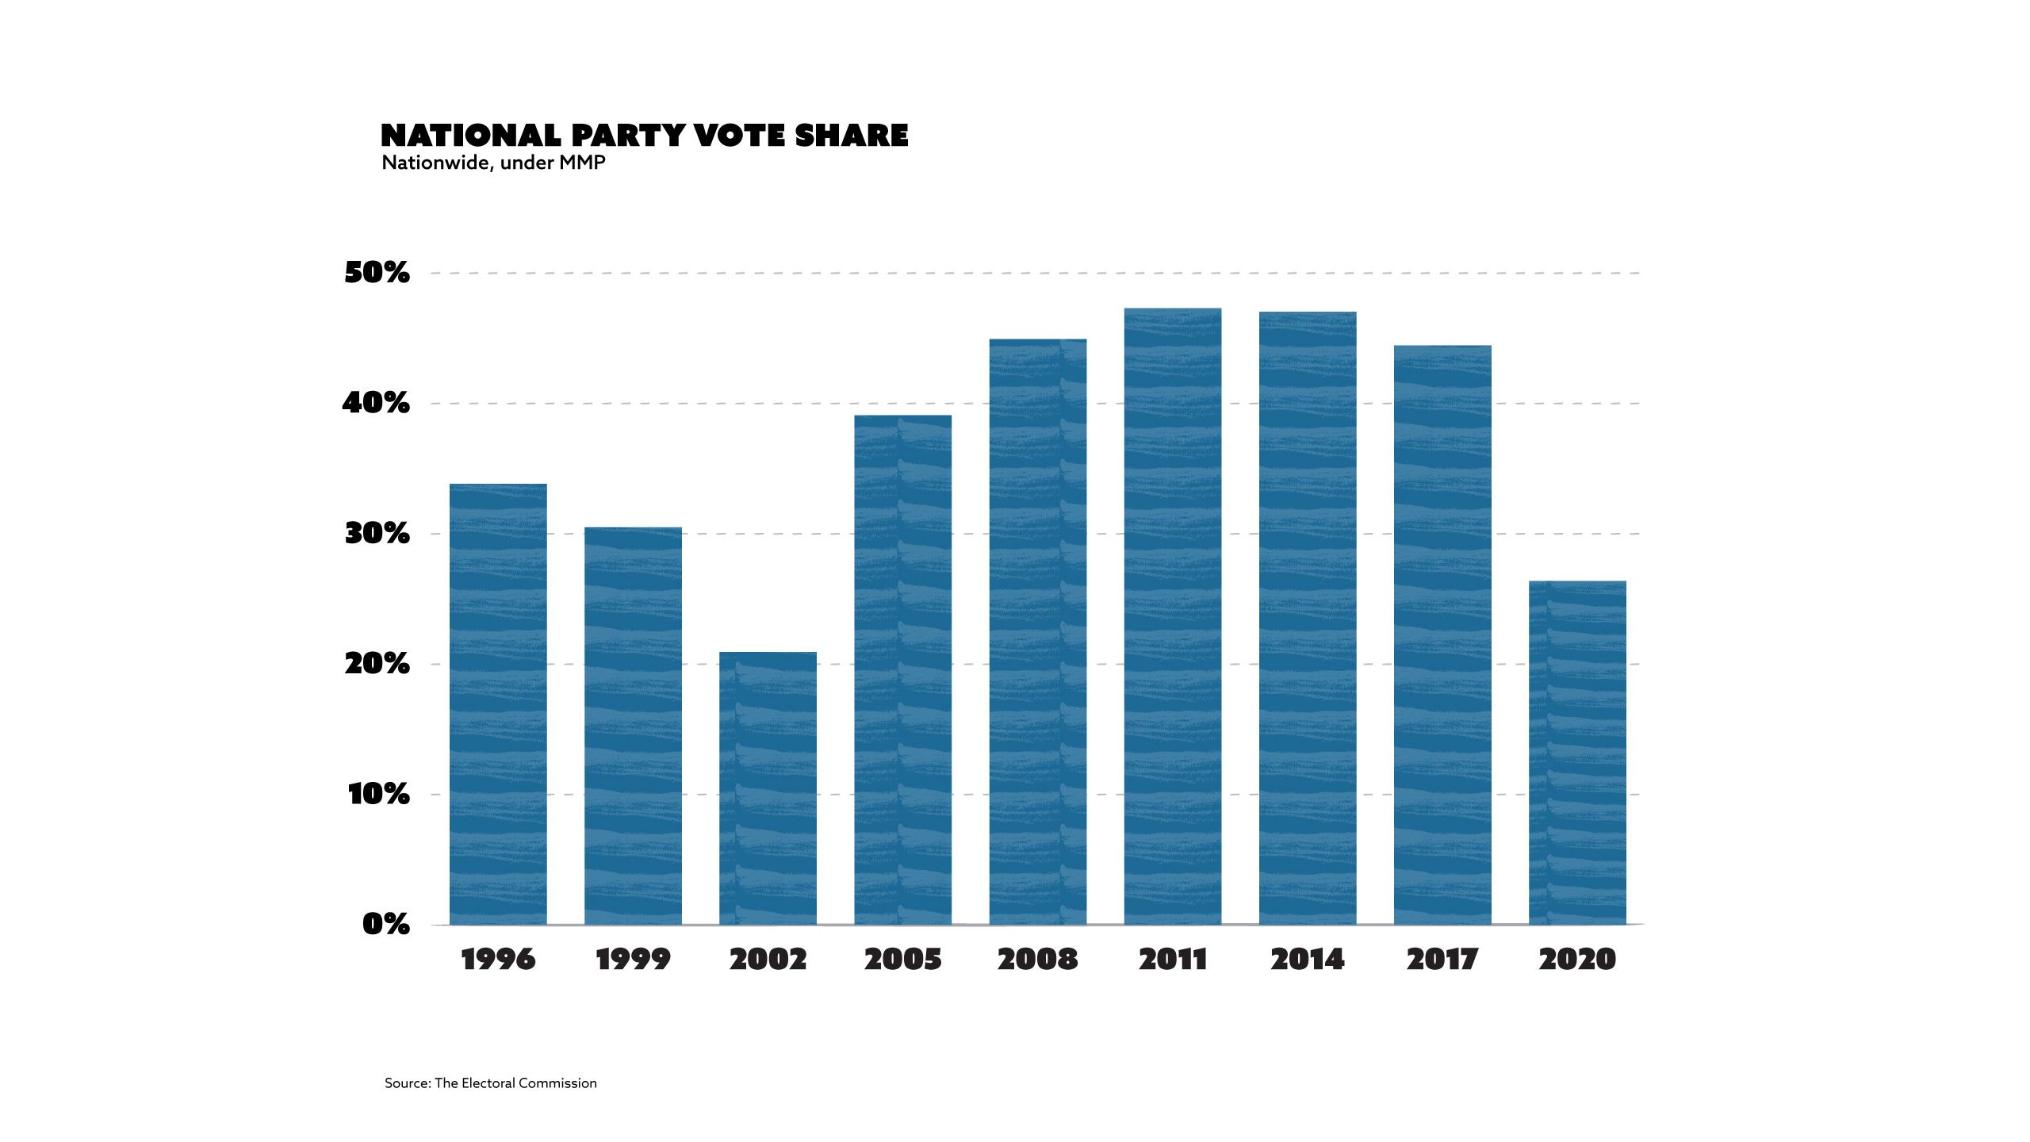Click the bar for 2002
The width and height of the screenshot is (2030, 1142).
click(768, 788)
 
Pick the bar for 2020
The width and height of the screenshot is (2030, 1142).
click(1577, 753)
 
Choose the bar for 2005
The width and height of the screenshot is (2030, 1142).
click(902, 670)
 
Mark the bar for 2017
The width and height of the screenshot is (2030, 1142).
click(1442, 634)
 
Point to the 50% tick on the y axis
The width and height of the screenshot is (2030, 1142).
click(377, 273)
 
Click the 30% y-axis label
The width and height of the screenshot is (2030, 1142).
click(377, 534)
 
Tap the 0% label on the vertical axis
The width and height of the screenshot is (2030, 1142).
click(385, 924)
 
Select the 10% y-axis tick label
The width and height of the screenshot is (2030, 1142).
click(378, 794)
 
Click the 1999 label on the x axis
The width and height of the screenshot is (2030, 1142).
click(633, 960)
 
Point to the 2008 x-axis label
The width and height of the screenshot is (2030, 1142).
click(1037, 960)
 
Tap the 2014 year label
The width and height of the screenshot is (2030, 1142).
click(1308, 960)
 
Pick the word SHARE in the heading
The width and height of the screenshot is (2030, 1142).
click(852, 136)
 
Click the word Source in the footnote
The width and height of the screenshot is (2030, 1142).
click(406, 1083)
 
